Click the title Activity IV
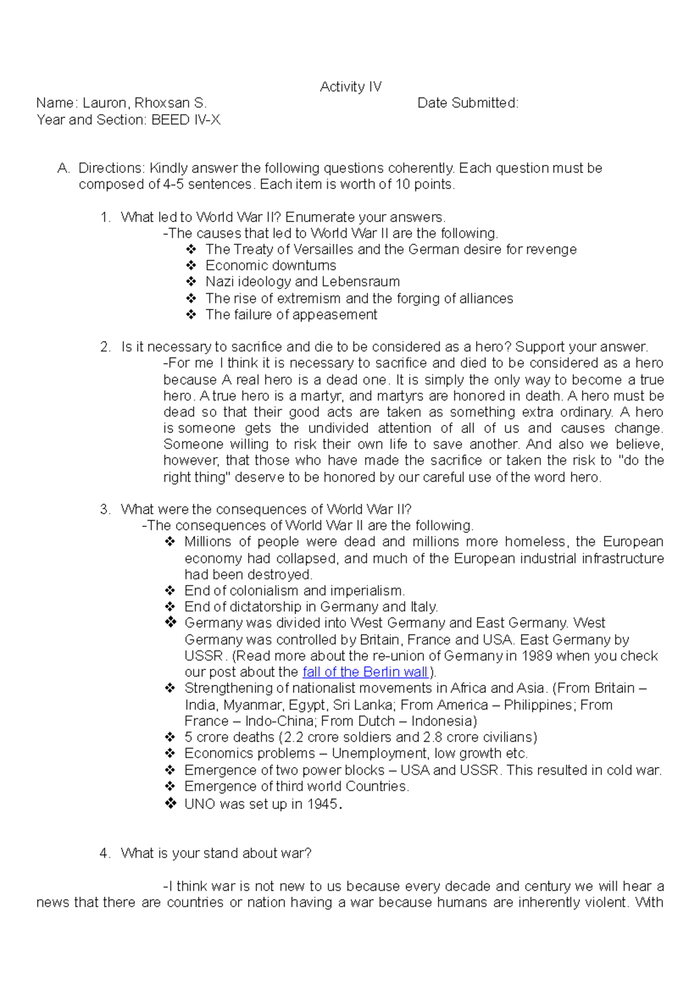click(351, 87)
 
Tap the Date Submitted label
click(467, 103)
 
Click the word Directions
click(111, 168)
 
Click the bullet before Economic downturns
click(191, 266)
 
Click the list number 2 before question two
click(105, 347)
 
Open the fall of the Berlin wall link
click(366, 672)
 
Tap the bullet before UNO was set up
click(170, 804)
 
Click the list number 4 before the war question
click(105, 854)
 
